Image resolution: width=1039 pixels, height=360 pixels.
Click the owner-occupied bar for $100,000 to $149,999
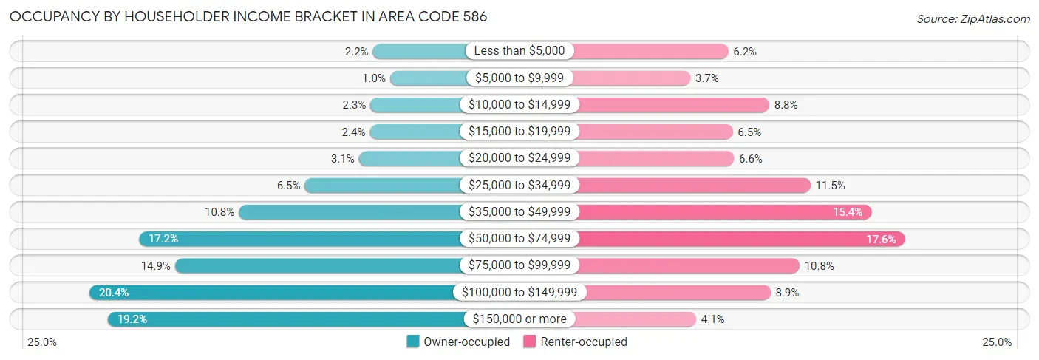pos(273,293)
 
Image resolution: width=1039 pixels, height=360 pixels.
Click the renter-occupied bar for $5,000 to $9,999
pos(631,78)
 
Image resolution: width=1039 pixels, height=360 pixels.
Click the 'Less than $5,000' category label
pos(519,51)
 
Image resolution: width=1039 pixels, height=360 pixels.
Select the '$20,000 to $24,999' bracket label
pos(519,158)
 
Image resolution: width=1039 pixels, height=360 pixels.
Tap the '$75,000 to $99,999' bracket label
pos(519,265)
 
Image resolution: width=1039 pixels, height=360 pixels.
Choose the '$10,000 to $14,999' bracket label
pos(519,105)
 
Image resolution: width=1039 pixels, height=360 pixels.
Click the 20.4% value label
pos(114,293)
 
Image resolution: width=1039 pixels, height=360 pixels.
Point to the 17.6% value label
pos(881,239)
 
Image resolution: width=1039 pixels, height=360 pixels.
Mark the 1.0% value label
pos(374,78)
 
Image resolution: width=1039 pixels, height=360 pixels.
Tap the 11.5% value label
pos(830,186)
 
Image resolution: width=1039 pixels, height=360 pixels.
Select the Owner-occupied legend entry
pos(458,342)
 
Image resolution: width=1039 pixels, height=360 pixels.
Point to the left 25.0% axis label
pos(42,342)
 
